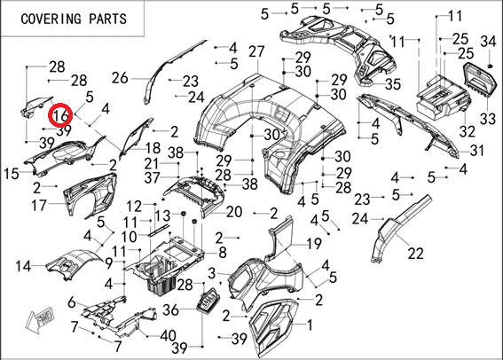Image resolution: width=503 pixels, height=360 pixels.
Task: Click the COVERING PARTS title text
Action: point(74,19)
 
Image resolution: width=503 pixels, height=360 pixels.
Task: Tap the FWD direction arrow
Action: point(42,320)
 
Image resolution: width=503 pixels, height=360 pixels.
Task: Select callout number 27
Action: point(256,51)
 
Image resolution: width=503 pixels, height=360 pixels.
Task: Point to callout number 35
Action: point(393,84)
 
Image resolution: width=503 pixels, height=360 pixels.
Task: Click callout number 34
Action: point(488,42)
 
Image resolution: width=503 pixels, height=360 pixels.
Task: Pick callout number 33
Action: point(488,119)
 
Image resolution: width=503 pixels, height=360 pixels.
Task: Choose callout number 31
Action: point(476,150)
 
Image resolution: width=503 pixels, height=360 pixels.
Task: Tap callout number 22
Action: point(416,254)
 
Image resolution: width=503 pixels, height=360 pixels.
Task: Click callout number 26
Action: point(120,78)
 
